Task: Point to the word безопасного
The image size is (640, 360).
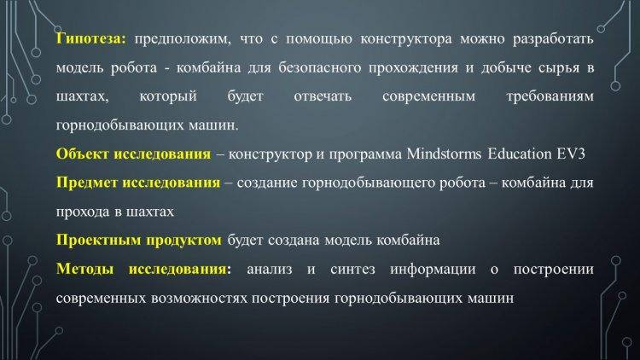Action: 320,67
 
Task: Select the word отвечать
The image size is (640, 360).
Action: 323,96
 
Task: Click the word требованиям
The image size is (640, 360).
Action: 550,96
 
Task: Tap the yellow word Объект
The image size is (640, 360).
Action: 83,154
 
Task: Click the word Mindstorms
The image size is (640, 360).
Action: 444,154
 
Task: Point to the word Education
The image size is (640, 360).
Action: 520,154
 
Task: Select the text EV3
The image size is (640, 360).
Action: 571,154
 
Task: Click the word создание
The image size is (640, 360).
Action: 267,183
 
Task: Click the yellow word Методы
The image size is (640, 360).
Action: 84,269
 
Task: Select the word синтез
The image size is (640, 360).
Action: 352,270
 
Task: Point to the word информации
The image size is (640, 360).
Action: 433,270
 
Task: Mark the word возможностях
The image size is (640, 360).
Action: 199,299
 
